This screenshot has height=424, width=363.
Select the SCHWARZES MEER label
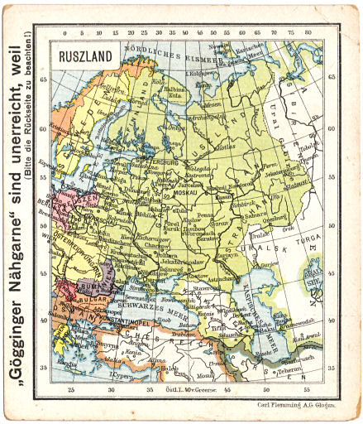[x=149, y=306]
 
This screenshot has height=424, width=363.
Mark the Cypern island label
[x=121, y=375]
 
